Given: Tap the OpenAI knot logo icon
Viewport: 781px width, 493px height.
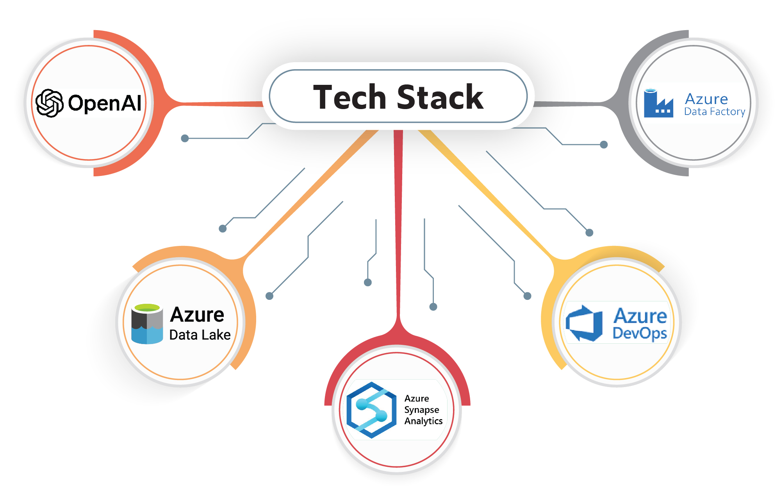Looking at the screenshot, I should tap(49, 103).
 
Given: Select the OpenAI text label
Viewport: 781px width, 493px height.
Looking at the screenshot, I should tap(105, 103).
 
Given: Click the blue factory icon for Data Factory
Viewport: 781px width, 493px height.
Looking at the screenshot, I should tap(658, 104).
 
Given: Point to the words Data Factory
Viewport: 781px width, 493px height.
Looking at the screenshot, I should tap(715, 112).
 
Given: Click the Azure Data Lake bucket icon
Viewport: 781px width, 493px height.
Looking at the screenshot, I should tap(147, 324).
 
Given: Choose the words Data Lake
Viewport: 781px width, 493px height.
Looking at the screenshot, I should tap(200, 335).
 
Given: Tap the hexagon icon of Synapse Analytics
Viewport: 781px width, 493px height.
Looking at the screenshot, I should tap(371, 410).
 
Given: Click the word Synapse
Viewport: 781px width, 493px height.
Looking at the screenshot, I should tap(421, 410).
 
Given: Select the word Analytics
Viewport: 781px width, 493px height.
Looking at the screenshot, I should tap(423, 421).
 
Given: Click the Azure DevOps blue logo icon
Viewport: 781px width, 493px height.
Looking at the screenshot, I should tap(584, 323).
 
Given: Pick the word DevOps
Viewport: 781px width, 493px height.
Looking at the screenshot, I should tap(640, 333).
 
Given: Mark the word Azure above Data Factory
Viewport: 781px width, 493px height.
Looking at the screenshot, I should tap(706, 99).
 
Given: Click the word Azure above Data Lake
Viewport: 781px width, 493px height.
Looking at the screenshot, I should tap(197, 315).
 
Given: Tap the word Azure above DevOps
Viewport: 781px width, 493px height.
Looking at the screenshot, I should tap(640, 316).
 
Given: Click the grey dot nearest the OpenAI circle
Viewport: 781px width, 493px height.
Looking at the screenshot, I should tap(185, 138).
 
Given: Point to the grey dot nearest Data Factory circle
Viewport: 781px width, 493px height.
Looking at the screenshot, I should tap(604, 145).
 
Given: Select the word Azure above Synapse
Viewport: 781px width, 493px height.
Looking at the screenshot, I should tap(416, 398).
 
